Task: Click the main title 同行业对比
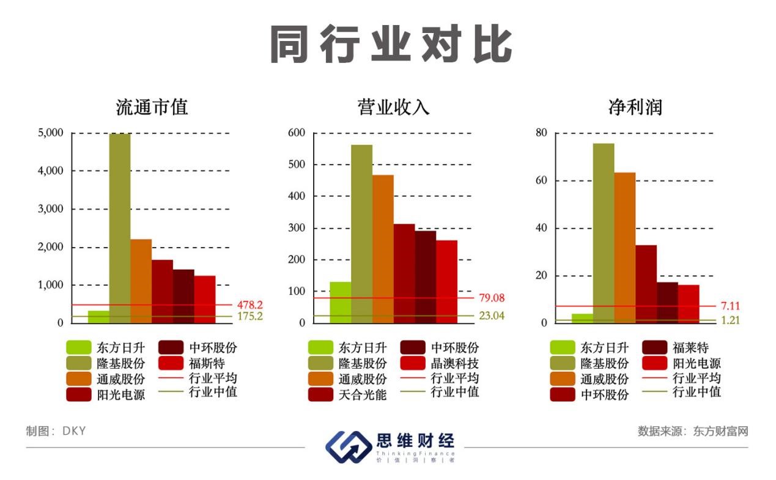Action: (x=391, y=44)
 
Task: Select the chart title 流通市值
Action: (x=152, y=108)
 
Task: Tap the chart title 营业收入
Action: (x=393, y=108)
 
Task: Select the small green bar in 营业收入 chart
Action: (x=340, y=302)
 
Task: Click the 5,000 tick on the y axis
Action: (x=51, y=133)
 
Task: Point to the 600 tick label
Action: (x=297, y=133)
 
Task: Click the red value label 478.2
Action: (x=249, y=305)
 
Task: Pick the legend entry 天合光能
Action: (x=363, y=395)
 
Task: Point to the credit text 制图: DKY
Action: (x=56, y=431)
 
